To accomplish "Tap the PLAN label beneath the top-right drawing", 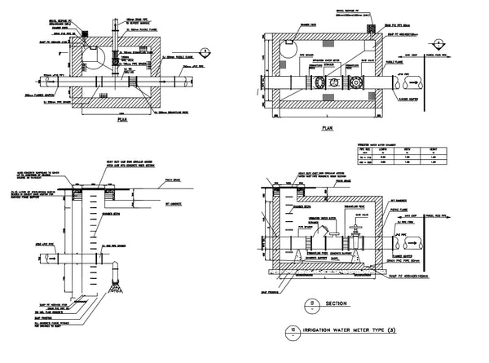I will pyautogui.click(x=328, y=128).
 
